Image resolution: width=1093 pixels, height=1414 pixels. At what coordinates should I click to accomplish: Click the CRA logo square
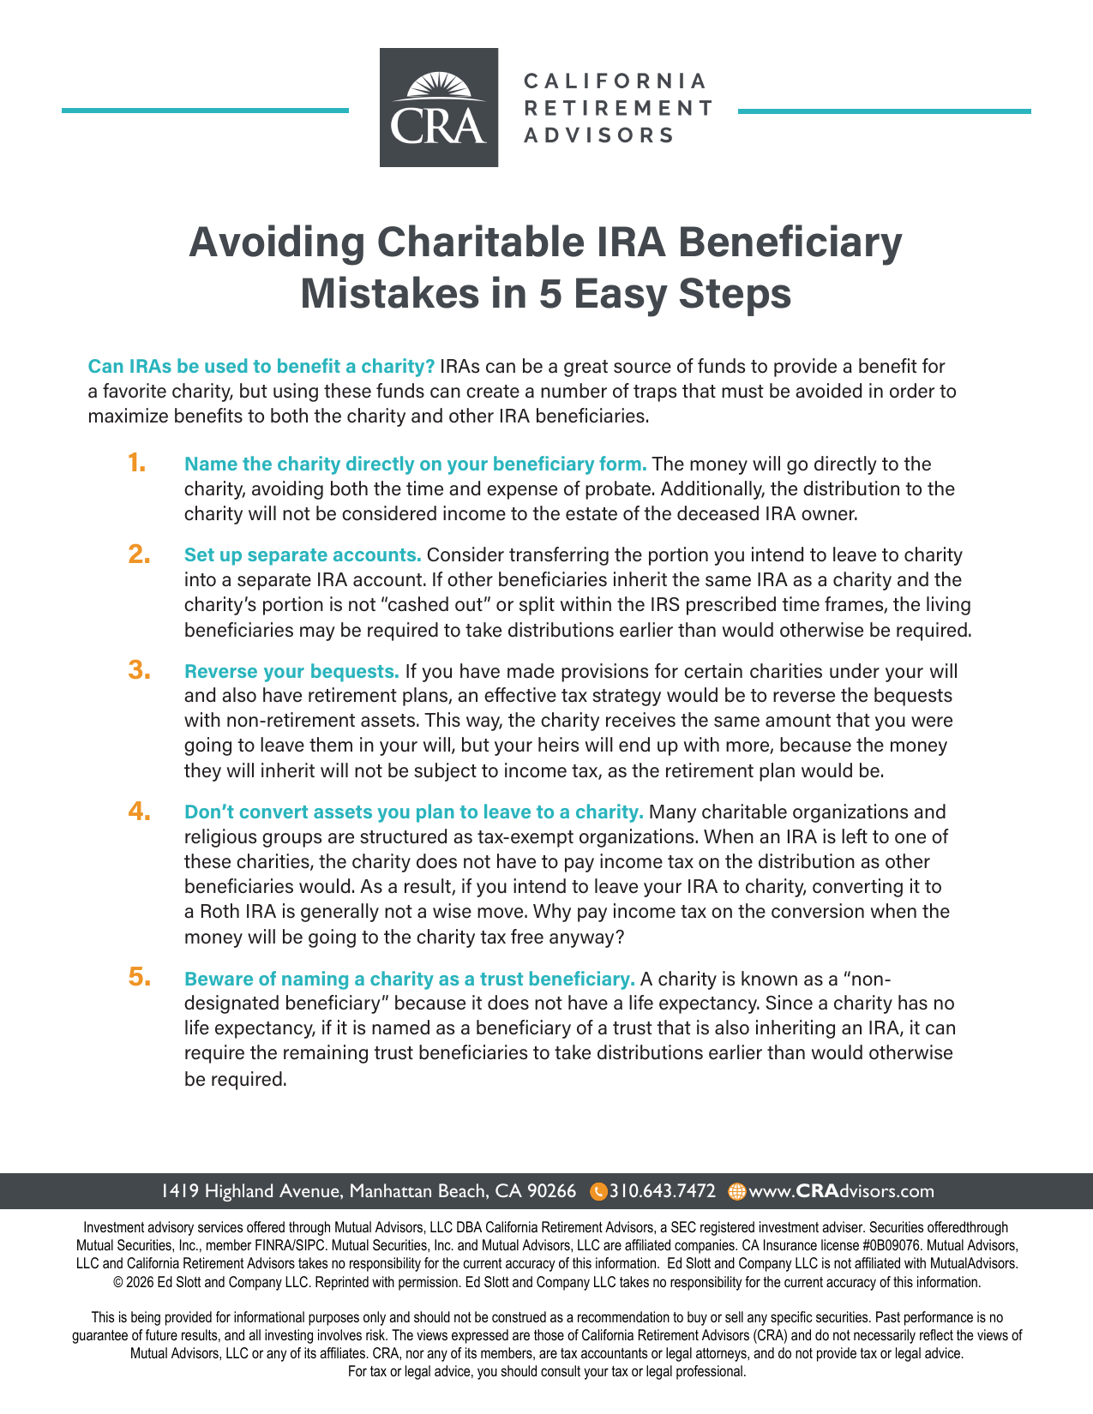439,107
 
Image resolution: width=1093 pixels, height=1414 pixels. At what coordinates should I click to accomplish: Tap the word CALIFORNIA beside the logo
616,81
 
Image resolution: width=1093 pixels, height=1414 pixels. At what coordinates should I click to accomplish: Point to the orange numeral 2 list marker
139,554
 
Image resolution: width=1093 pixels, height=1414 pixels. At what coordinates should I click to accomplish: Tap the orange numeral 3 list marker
139,670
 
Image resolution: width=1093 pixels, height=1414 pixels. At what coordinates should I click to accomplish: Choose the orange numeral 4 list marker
139,811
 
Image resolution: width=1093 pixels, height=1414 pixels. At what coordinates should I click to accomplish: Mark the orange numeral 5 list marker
139,977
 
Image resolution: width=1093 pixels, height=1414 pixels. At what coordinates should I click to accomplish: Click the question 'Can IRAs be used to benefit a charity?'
261,367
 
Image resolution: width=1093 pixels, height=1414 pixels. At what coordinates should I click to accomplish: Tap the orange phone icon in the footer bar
599,1191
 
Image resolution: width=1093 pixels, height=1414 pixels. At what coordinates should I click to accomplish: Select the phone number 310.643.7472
663,1191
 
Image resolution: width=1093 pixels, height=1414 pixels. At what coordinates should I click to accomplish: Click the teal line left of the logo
205,111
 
